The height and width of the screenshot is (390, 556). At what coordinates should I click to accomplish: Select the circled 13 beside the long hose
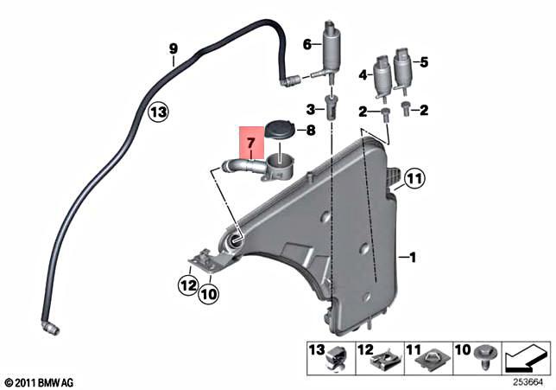point(156,112)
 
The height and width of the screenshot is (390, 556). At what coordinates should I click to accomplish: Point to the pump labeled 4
point(382,76)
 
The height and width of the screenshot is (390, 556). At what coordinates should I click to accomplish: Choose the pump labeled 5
point(403,69)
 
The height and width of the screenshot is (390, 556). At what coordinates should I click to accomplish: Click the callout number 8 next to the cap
point(313,131)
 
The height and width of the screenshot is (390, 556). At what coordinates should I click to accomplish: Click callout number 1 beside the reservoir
point(413,258)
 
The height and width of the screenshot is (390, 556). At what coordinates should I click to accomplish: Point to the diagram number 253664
point(527,380)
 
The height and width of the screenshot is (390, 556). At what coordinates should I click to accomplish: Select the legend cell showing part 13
point(325,357)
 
